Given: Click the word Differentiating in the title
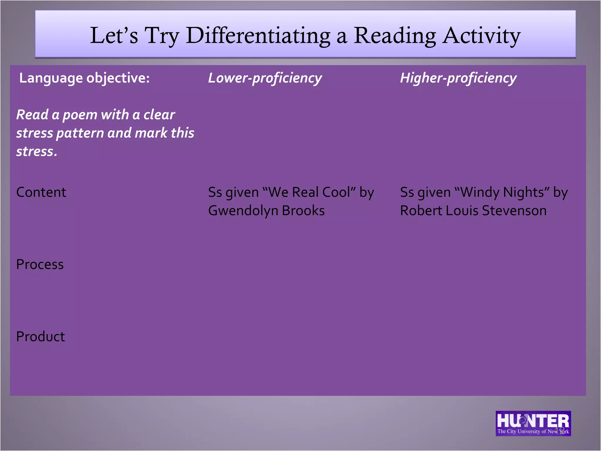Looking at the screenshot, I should click(x=258, y=36).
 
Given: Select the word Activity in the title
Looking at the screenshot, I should click(x=481, y=36).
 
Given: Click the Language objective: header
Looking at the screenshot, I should click(x=85, y=78).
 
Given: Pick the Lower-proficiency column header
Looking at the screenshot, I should click(x=265, y=78).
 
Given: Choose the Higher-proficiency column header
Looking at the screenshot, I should click(x=458, y=78).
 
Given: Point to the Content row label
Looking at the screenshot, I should click(x=41, y=192).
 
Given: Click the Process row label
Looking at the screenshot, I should click(x=40, y=264).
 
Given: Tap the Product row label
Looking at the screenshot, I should click(x=40, y=336).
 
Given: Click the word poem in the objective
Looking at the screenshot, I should click(x=80, y=115).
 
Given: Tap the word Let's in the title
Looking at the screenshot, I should click(x=114, y=36).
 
